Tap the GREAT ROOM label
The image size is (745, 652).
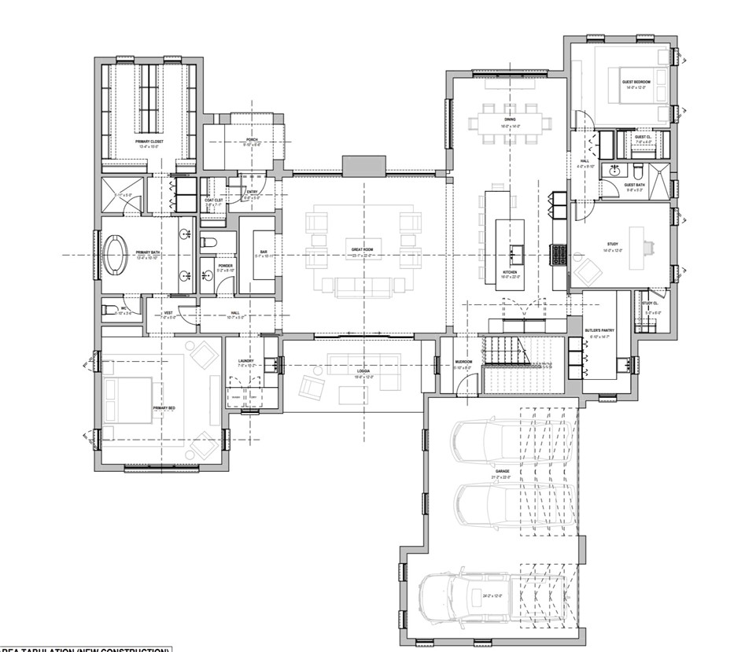pyautogui.click(x=362, y=250)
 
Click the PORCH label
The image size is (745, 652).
pyautogui.click(x=251, y=139)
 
